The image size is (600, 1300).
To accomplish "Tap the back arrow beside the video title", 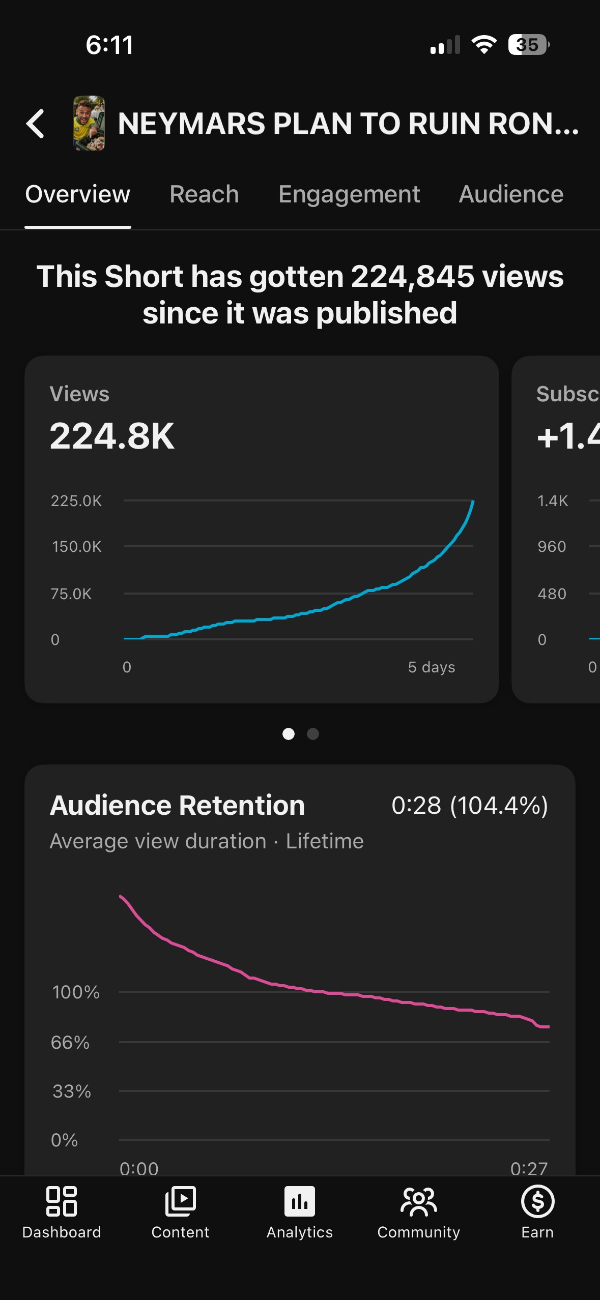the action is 35,124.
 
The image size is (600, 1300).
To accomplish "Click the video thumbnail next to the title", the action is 89,123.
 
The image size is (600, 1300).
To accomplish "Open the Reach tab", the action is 204,194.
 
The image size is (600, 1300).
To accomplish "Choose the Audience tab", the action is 511,194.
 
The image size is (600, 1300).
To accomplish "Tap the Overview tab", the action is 78,194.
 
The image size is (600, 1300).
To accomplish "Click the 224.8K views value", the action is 112,436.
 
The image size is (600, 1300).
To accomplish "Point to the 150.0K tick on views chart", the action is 77,547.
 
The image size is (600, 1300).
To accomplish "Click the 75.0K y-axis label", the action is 71,594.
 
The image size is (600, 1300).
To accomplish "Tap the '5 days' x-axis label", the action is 432,667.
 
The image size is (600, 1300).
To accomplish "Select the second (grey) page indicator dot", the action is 313,734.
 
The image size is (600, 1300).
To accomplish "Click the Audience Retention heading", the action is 178,805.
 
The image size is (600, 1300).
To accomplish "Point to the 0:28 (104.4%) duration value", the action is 470,806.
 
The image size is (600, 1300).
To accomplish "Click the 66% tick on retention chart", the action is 70,1043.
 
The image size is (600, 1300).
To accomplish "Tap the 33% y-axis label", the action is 72,1091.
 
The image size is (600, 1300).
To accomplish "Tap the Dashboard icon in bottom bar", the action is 62,1201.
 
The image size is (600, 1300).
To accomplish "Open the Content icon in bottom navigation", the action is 181,1201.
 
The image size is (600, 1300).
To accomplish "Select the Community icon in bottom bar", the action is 419,1202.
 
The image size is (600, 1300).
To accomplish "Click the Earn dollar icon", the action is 538,1201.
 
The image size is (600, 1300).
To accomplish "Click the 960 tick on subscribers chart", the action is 552,547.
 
